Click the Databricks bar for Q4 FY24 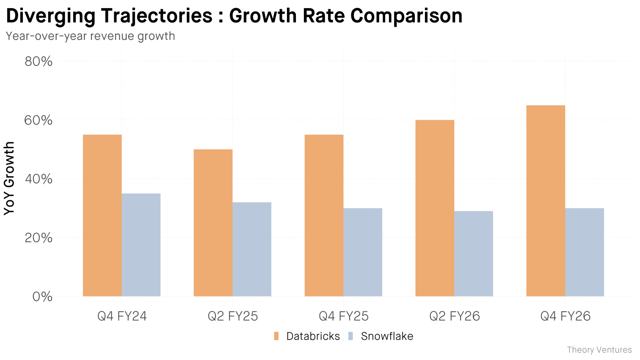coord(102,216)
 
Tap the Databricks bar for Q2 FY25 coord(213,223)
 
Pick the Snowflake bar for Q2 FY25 coord(252,249)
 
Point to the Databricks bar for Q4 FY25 coord(324,216)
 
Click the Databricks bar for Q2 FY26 coord(435,208)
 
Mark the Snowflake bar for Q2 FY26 coord(474,254)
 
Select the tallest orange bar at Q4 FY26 coord(546,201)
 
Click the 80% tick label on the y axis coord(39,61)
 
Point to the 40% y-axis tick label coord(39,179)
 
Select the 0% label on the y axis coord(42,296)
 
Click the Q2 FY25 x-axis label coord(233,316)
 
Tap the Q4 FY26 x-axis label coord(565,316)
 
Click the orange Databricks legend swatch coord(276,336)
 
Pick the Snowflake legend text coord(387,336)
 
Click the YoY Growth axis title coord(9,178)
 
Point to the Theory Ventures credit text coord(599,350)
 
